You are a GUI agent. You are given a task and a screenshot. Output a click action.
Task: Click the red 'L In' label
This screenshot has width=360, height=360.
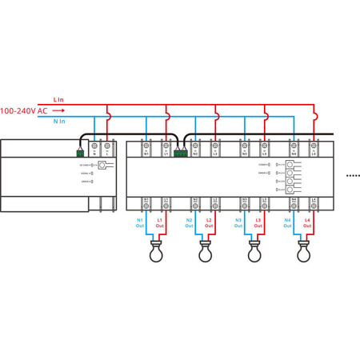pyautogui.click(x=58, y=100)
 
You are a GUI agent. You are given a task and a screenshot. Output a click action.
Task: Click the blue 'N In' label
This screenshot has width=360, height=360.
pyautogui.click(x=59, y=122)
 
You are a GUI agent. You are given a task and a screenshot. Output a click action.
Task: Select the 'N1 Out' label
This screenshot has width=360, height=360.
pyautogui.click(x=140, y=222)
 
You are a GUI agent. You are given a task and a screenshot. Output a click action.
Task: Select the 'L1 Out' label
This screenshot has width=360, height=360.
pyautogui.click(x=160, y=222)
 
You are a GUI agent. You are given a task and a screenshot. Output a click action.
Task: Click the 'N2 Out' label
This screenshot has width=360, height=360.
pyautogui.click(x=190, y=222)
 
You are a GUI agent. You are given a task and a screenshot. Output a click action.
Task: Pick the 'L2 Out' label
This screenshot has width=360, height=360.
pyautogui.click(x=210, y=222)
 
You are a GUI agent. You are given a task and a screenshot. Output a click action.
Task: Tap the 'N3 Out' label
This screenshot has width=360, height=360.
pyautogui.click(x=238, y=222)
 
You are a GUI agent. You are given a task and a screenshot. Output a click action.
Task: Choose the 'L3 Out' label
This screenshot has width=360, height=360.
pyautogui.click(x=258, y=222)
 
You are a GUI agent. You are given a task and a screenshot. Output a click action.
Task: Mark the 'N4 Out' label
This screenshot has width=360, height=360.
pyautogui.click(x=288, y=222)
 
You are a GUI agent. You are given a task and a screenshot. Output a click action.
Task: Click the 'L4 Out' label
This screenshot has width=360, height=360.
pyautogui.click(x=308, y=222)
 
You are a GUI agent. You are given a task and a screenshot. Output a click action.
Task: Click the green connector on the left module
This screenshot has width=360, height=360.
pyautogui.click(x=80, y=151)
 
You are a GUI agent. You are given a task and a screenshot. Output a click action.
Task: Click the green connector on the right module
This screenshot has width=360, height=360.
pyautogui.click(x=180, y=151)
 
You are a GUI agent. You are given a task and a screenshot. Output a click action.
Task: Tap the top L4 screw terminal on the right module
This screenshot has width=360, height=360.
pyautogui.click(x=314, y=148)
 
